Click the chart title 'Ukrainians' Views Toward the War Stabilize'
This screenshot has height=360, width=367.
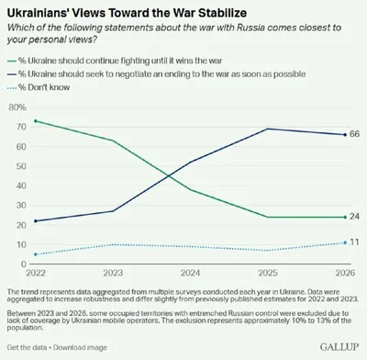(127, 13)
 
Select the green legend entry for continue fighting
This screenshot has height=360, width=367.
(115, 61)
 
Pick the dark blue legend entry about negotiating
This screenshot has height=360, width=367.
(156, 74)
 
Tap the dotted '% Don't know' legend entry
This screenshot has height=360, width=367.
(39, 87)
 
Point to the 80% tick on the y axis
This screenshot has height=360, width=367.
(17, 107)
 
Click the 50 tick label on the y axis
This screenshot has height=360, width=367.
(21, 166)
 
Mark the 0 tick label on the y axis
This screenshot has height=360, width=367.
(24, 264)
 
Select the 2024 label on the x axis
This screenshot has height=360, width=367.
(190, 273)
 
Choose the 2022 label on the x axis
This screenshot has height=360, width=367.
(36, 273)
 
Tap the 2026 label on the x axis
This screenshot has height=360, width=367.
(345, 273)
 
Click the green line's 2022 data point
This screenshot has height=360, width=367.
(36, 121)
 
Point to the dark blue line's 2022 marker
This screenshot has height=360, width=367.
(36, 221)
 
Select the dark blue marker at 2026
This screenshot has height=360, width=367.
(345, 135)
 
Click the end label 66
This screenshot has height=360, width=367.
(354, 134)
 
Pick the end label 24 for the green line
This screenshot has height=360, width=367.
(354, 217)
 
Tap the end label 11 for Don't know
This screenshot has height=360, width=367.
(354, 242)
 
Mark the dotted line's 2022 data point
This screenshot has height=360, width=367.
(36, 254)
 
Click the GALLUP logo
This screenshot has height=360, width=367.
(339, 347)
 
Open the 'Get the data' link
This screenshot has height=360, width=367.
(27, 347)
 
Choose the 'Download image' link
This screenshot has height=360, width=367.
(80, 347)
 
